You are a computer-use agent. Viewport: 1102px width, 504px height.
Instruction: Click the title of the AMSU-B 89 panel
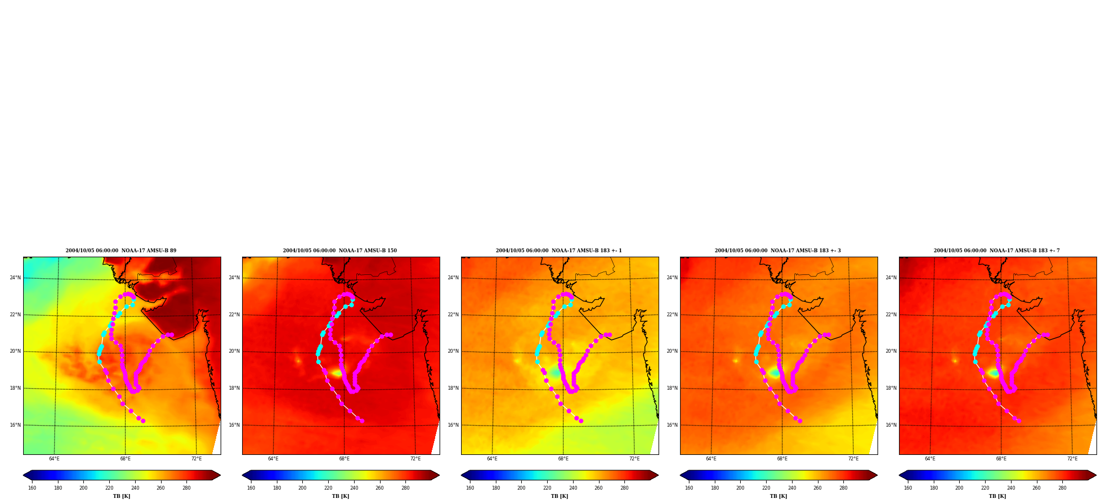click(121, 251)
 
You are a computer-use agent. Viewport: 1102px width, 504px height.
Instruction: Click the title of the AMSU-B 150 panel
click(340, 251)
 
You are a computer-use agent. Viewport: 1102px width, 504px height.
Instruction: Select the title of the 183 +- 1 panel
click(559, 251)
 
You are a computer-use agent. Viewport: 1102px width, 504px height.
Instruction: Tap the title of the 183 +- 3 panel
click(778, 251)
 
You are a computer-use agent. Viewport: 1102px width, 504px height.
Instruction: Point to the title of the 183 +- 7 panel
click(997, 251)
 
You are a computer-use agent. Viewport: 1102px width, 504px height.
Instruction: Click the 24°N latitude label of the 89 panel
click(15, 278)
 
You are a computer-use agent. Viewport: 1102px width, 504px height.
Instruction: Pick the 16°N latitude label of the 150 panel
click(234, 425)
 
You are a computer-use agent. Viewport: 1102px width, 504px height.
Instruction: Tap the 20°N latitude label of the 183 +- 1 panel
click(453, 351)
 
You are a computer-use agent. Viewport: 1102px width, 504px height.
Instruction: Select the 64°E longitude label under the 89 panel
click(54, 459)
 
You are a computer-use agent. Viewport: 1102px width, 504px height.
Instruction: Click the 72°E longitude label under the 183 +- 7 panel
click(1072, 459)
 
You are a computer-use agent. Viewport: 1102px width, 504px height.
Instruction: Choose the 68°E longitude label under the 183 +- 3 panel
click(782, 459)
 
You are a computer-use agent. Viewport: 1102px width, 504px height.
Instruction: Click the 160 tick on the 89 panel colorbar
click(32, 488)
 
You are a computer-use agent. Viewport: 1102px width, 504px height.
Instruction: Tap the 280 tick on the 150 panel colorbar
click(405, 488)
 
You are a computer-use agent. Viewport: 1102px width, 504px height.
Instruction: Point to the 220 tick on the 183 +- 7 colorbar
click(985, 488)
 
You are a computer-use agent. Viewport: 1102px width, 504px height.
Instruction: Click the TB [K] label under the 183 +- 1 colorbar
click(559, 496)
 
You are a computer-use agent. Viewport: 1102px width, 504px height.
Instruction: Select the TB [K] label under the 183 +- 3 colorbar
click(778, 496)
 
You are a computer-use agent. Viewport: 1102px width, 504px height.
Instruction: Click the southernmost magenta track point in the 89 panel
click(143, 421)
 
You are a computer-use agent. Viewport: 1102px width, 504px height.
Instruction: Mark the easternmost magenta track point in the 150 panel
click(390, 335)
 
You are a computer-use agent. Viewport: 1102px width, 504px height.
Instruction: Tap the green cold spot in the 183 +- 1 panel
click(554, 373)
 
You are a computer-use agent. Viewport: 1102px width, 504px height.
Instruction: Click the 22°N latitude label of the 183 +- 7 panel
click(891, 315)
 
